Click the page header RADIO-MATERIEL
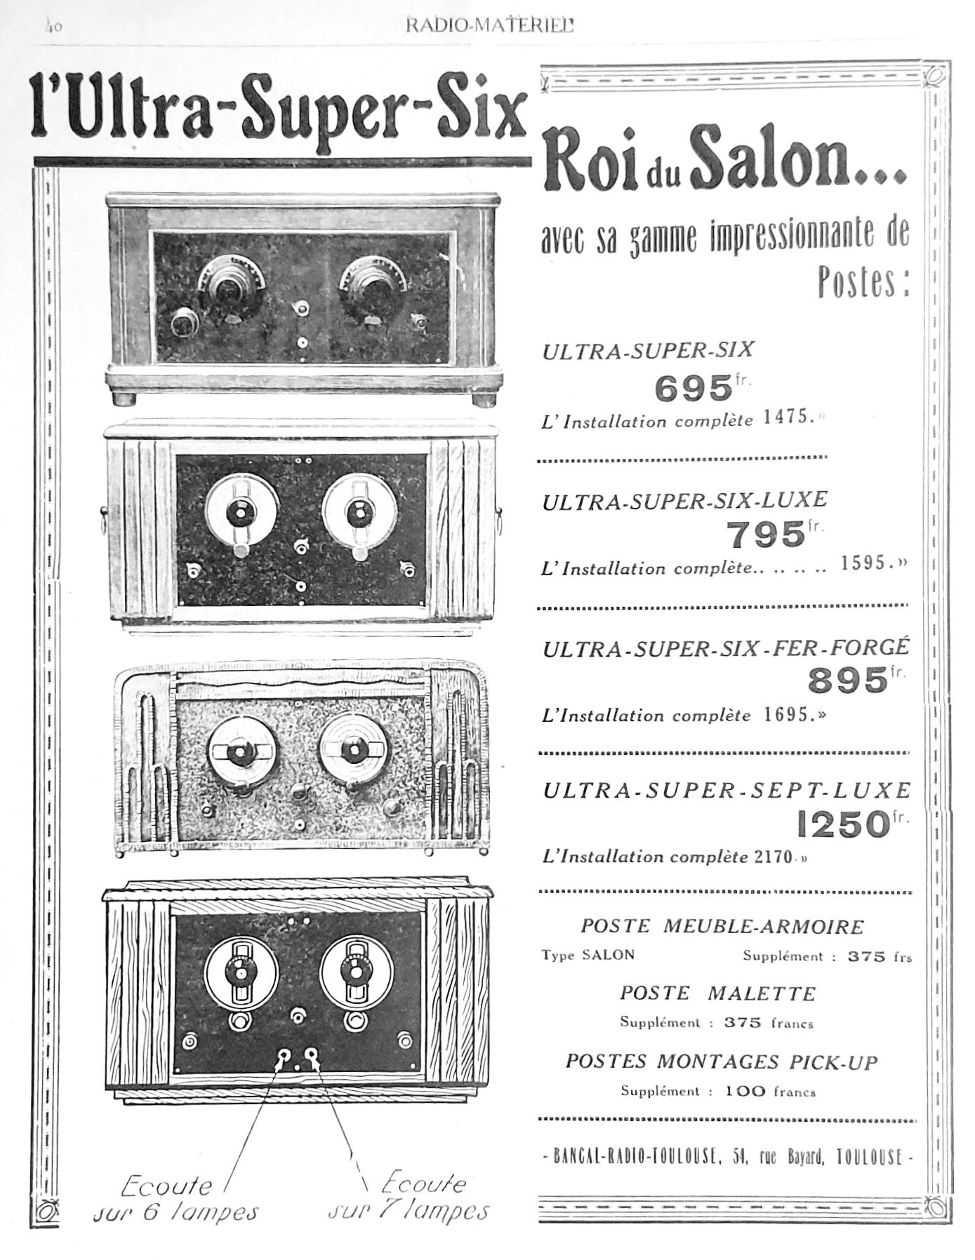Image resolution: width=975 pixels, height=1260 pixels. (x=489, y=27)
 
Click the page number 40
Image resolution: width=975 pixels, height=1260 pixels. (x=53, y=27)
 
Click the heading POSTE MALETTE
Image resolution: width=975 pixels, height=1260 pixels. (x=717, y=993)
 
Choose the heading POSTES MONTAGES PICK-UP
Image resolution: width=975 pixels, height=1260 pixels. (x=722, y=1062)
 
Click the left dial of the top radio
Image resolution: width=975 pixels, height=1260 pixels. (x=226, y=284)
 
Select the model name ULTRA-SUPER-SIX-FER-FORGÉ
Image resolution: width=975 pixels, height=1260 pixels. (x=726, y=648)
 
